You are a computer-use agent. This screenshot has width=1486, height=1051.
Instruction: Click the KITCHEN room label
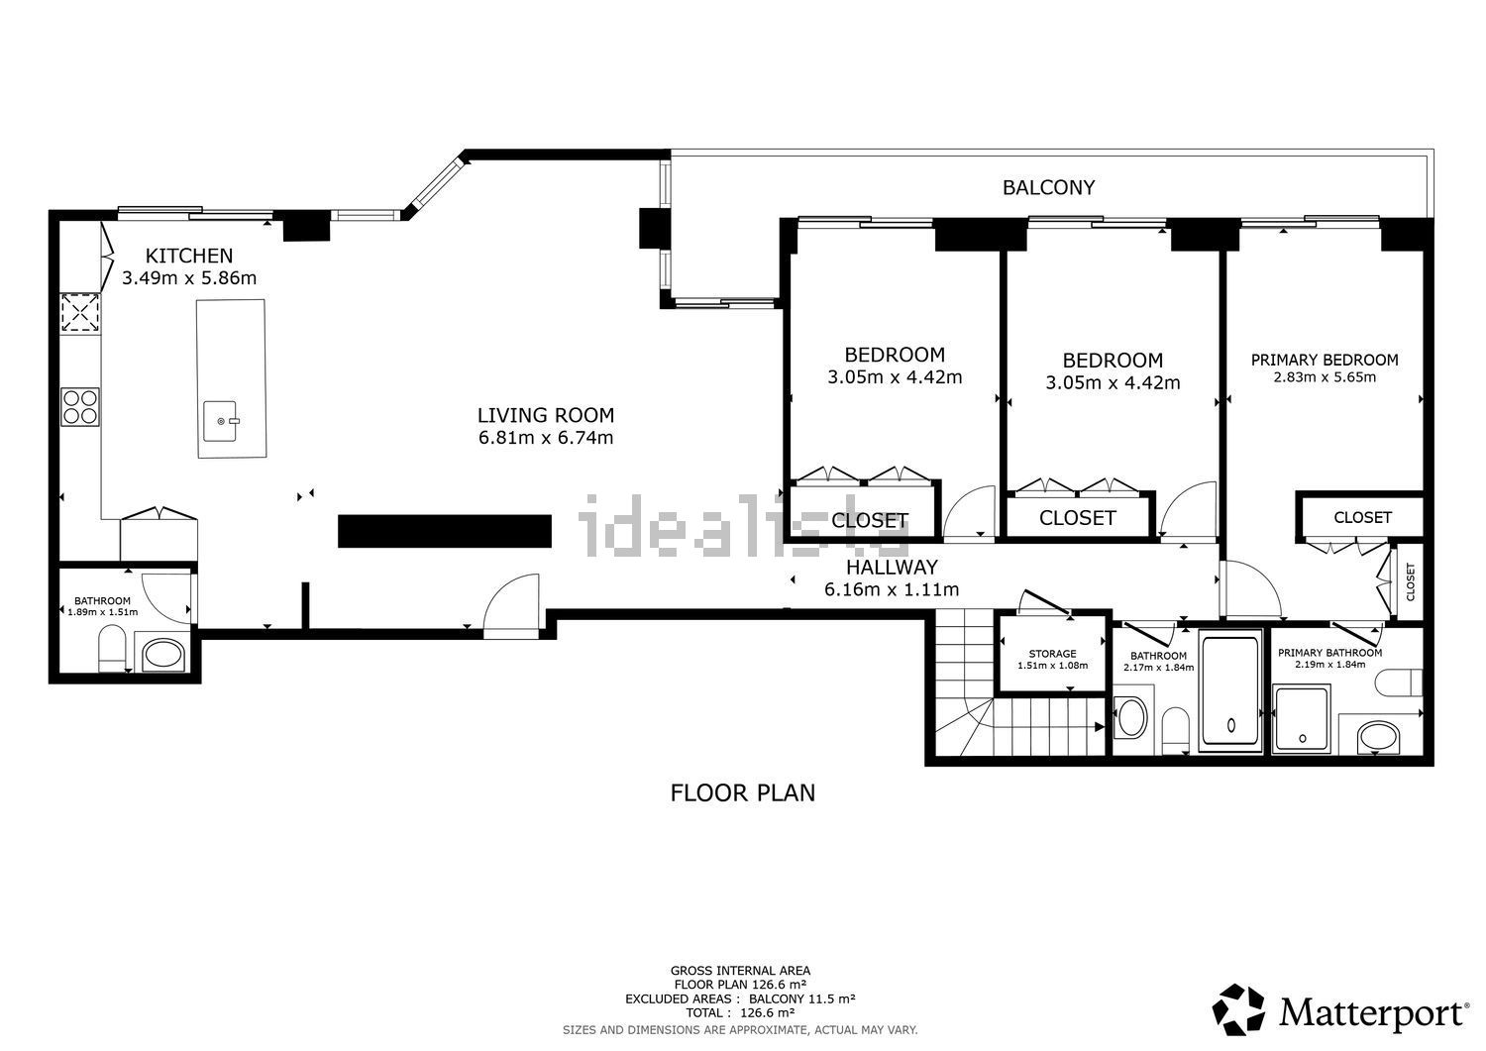[x=189, y=256]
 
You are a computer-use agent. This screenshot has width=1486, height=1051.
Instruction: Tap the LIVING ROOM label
[x=546, y=415]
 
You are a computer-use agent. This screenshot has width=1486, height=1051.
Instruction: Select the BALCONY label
[x=1048, y=188]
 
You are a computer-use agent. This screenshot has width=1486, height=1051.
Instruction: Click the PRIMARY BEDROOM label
[x=1325, y=360]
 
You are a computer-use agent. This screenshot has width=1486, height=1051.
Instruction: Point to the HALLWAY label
[x=892, y=567]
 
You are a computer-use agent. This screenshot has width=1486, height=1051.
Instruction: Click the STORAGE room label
[x=1053, y=654]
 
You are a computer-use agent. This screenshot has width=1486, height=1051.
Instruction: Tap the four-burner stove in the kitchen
[x=80, y=407]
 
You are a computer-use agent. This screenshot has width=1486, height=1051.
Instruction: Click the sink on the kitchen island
[x=220, y=421]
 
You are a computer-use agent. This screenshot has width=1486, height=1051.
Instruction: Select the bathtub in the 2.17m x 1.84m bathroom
[x=1230, y=691]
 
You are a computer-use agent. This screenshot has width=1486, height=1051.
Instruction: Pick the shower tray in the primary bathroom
[x=1303, y=719]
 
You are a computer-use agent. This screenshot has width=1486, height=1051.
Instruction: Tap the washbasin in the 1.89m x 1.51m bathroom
[x=162, y=654]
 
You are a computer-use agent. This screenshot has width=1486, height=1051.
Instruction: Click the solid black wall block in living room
[x=445, y=531]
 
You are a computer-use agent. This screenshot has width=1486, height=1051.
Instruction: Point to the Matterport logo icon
[x=1238, y=1009]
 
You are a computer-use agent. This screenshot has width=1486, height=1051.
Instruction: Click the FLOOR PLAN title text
[x=742, y=792]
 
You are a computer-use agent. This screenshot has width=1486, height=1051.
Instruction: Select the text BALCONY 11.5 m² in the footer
[x=802, y=998]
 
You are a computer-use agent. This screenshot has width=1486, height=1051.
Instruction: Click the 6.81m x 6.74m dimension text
[x=546, y=438]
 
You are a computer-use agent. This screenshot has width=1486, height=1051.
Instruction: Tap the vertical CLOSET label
[x=1411, y=581]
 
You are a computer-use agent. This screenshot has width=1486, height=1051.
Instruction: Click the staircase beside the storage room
[x=1019, y=683]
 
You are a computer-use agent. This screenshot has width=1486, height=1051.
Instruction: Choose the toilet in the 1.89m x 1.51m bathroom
[x=112, y=647]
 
